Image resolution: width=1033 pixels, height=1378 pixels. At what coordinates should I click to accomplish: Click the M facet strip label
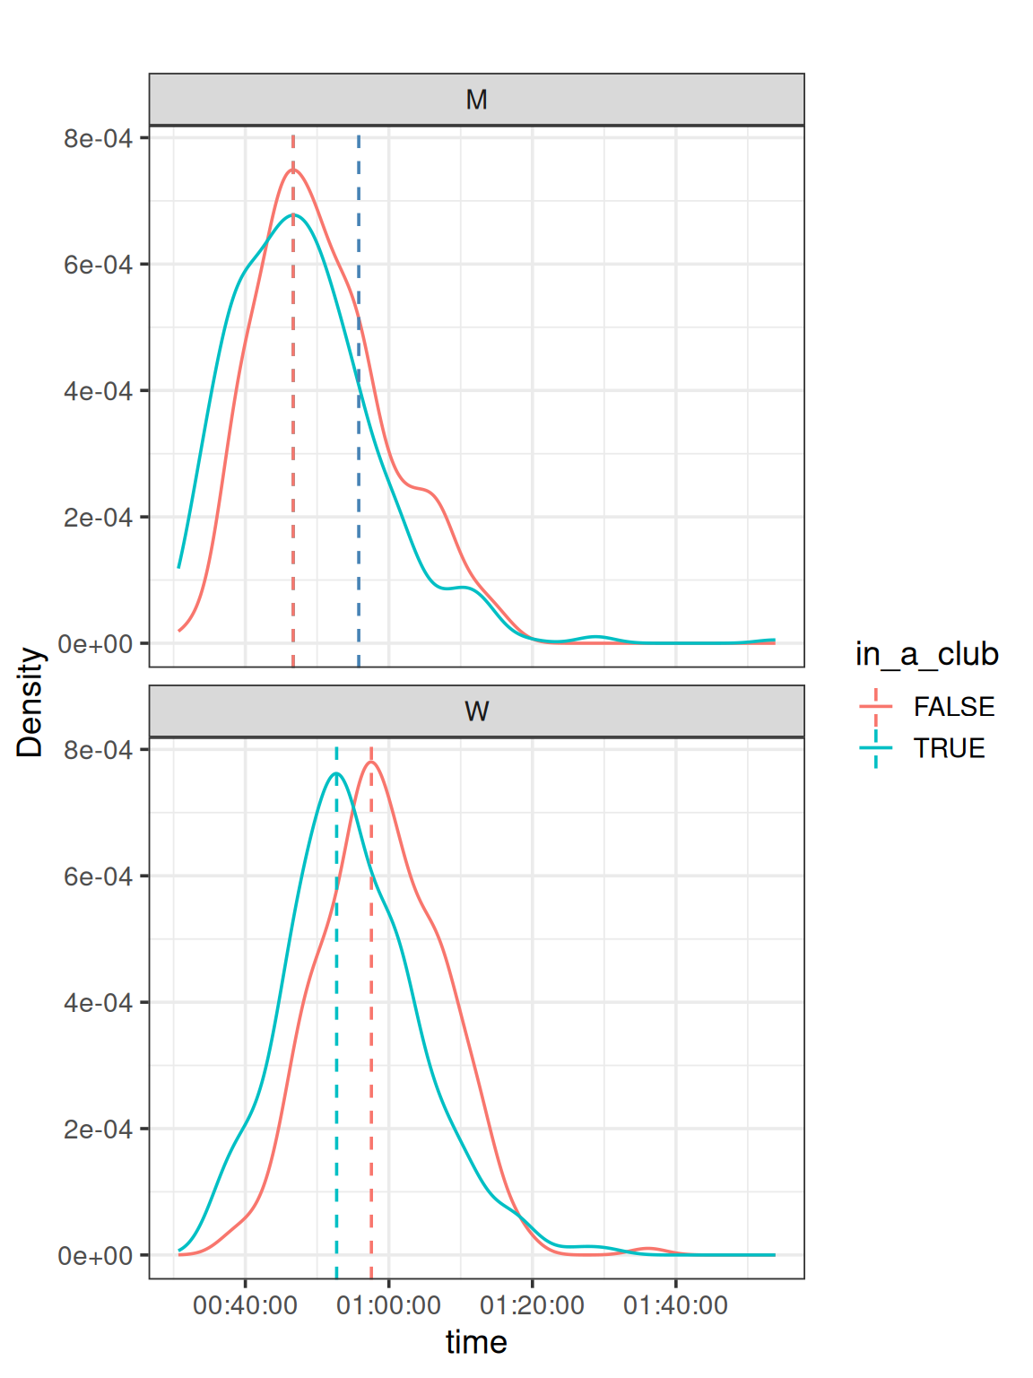pos(476,100)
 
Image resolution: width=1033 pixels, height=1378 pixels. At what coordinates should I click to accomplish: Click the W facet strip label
pos(476,711)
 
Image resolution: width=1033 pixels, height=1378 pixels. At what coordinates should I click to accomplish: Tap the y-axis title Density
pos(30,702)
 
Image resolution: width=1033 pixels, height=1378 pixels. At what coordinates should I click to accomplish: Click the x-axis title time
pos(476,1342)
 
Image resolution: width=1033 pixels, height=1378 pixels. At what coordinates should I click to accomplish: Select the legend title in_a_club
pos(926,654)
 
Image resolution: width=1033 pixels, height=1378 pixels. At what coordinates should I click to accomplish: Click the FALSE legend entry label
pos(953,707)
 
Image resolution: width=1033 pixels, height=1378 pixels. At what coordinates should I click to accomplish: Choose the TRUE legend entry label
pos(949,748)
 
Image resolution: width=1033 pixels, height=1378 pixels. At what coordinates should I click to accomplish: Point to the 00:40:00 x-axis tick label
pos(245,1305)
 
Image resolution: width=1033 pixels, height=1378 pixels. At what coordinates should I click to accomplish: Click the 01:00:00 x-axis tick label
pos(388,1305)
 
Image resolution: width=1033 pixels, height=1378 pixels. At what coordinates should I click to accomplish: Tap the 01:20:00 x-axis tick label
pos(532,1305)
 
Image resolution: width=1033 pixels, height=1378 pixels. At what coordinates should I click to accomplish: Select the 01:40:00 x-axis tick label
pos(675,1305)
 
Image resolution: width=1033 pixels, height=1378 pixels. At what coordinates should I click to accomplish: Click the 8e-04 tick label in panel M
pos(98,138)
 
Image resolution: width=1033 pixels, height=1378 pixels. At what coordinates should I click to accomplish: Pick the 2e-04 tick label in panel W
pos(98,1129)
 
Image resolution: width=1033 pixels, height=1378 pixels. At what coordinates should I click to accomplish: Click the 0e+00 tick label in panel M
pos(95,644)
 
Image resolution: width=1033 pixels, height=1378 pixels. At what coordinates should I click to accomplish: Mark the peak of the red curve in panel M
pos(293,170)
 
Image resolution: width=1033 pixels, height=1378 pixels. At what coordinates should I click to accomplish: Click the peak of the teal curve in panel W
pos(336,773)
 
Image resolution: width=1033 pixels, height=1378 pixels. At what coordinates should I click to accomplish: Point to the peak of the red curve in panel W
pos(371,763)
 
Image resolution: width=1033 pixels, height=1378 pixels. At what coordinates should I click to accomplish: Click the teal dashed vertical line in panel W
pos(336,1077)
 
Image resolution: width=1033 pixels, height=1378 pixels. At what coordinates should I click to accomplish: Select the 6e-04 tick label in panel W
pos(98,877)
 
